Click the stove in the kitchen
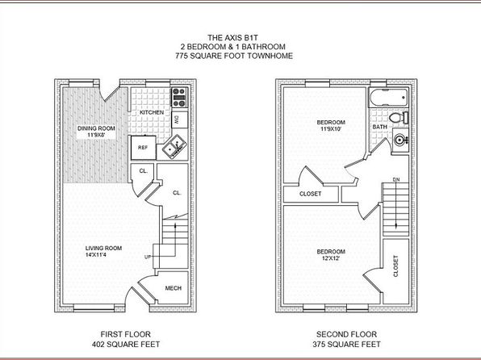pos(179,98)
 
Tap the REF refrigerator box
pos(144,148)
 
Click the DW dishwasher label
pos(177,119)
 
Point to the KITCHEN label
pos(152,112)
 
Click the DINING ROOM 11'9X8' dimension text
pos(96,135)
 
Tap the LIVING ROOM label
pos(103,249)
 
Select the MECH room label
pos(174,288)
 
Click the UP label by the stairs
pos(148,257)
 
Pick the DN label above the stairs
pos(396,179)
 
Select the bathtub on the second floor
pos(389,98)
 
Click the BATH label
pos(380,127)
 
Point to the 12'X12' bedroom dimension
pos(331,258)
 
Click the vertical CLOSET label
pos(395,266)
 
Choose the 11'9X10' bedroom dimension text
pos(331,129)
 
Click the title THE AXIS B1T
pos(232,38)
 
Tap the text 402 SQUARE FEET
pos(126,345)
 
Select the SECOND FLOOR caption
pos(347,334)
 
